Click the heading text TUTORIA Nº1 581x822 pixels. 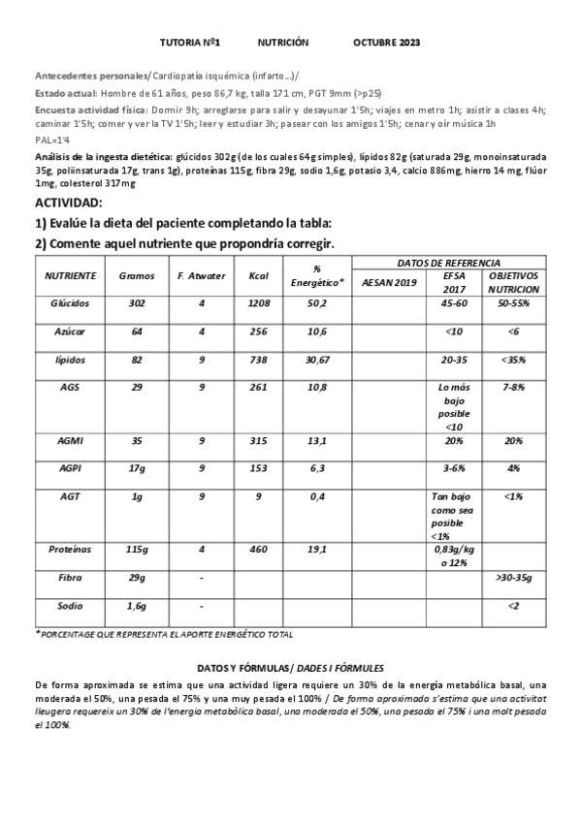190,44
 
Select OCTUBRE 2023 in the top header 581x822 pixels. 387,44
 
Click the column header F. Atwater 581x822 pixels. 202,276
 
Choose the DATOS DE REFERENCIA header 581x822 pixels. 449,263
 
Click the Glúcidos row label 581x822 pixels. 70,303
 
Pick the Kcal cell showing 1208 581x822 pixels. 258,303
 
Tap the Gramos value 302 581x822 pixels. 137,303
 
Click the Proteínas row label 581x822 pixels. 70,550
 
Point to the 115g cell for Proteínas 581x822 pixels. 137,550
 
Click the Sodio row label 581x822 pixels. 70,606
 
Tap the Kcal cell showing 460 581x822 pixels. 258,550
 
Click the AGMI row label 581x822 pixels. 70,440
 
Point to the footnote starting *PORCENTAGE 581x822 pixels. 164,634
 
